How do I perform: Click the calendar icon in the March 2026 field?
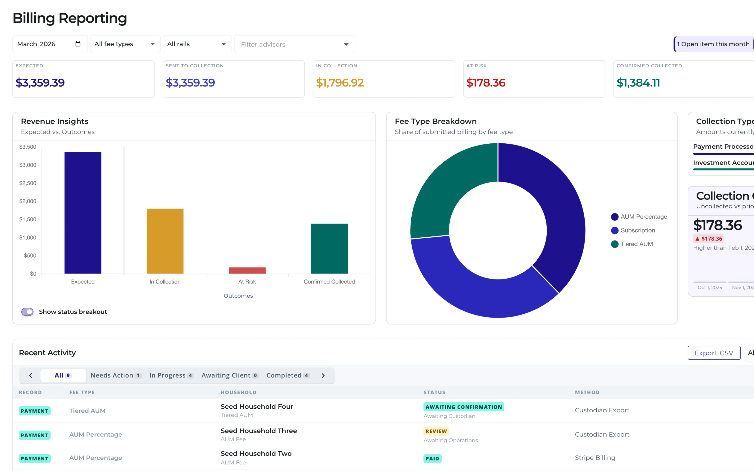click(x=78, y=44)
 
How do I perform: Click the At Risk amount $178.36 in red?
click(x=485, y=82)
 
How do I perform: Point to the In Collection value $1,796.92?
click(x=340, y=82)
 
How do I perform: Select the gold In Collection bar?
click(x=165, y=241)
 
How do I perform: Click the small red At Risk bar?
click(x=247, y=270)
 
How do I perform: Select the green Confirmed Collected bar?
click(x=329, y=249)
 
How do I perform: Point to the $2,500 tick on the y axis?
click(x=28, y=183)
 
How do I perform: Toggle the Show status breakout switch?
click(x=27, y=312)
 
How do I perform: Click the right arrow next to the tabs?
click(x=323, y=375)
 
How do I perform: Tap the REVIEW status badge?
click(x=436, y=431)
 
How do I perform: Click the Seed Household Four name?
click(x=257, y=407)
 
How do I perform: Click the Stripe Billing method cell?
click(x=595, y=458)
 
